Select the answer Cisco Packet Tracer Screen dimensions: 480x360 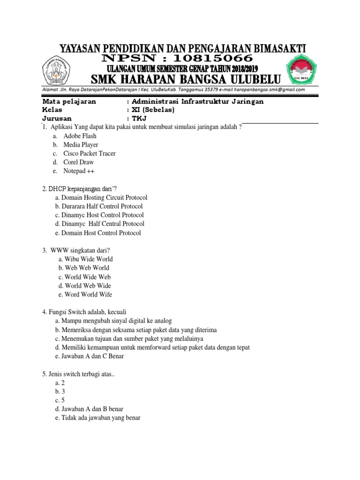pyautogui.click(x=90, y=153)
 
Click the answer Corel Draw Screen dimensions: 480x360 pyautogui.click(x=79, y=162)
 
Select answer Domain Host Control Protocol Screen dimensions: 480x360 pyautogui.click(x=98, y=233)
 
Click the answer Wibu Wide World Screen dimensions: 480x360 pyautogui.click(x=86, y=259)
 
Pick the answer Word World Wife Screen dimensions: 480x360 pyautogui.click(x=85, y=295)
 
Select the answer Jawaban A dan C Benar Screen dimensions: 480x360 pyautogui.click(x=89, y=357)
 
